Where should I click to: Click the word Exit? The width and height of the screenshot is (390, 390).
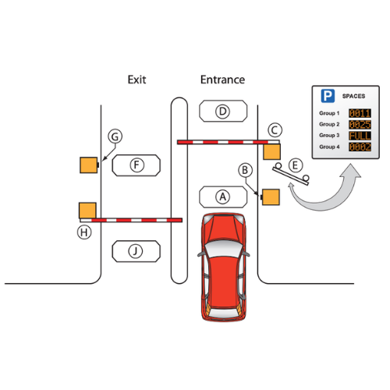136,80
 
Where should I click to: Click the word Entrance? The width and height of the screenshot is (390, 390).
222,80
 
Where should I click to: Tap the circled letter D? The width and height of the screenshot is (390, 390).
223,112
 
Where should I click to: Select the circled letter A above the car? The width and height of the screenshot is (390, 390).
223,196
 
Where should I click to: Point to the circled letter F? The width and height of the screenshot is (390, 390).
136,165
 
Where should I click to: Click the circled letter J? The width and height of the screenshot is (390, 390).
136,250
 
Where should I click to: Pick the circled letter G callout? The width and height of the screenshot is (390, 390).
115,137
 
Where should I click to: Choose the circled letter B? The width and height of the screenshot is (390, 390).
244,168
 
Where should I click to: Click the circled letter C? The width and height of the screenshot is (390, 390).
275,129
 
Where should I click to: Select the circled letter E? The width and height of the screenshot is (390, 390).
294,165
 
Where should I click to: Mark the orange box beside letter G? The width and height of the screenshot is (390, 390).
88,165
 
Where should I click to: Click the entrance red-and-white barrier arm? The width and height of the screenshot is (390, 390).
222,142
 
